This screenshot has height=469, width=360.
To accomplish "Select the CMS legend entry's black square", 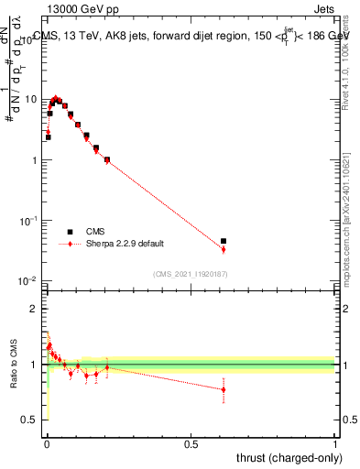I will point(70,232).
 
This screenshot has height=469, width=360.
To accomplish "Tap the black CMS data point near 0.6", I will point(224,241).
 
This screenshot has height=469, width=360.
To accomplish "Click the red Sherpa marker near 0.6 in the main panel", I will point(224,249).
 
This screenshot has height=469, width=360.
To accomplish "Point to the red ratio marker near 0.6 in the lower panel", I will point(224,389).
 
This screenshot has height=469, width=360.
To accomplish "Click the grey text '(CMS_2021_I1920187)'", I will point(191,273).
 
